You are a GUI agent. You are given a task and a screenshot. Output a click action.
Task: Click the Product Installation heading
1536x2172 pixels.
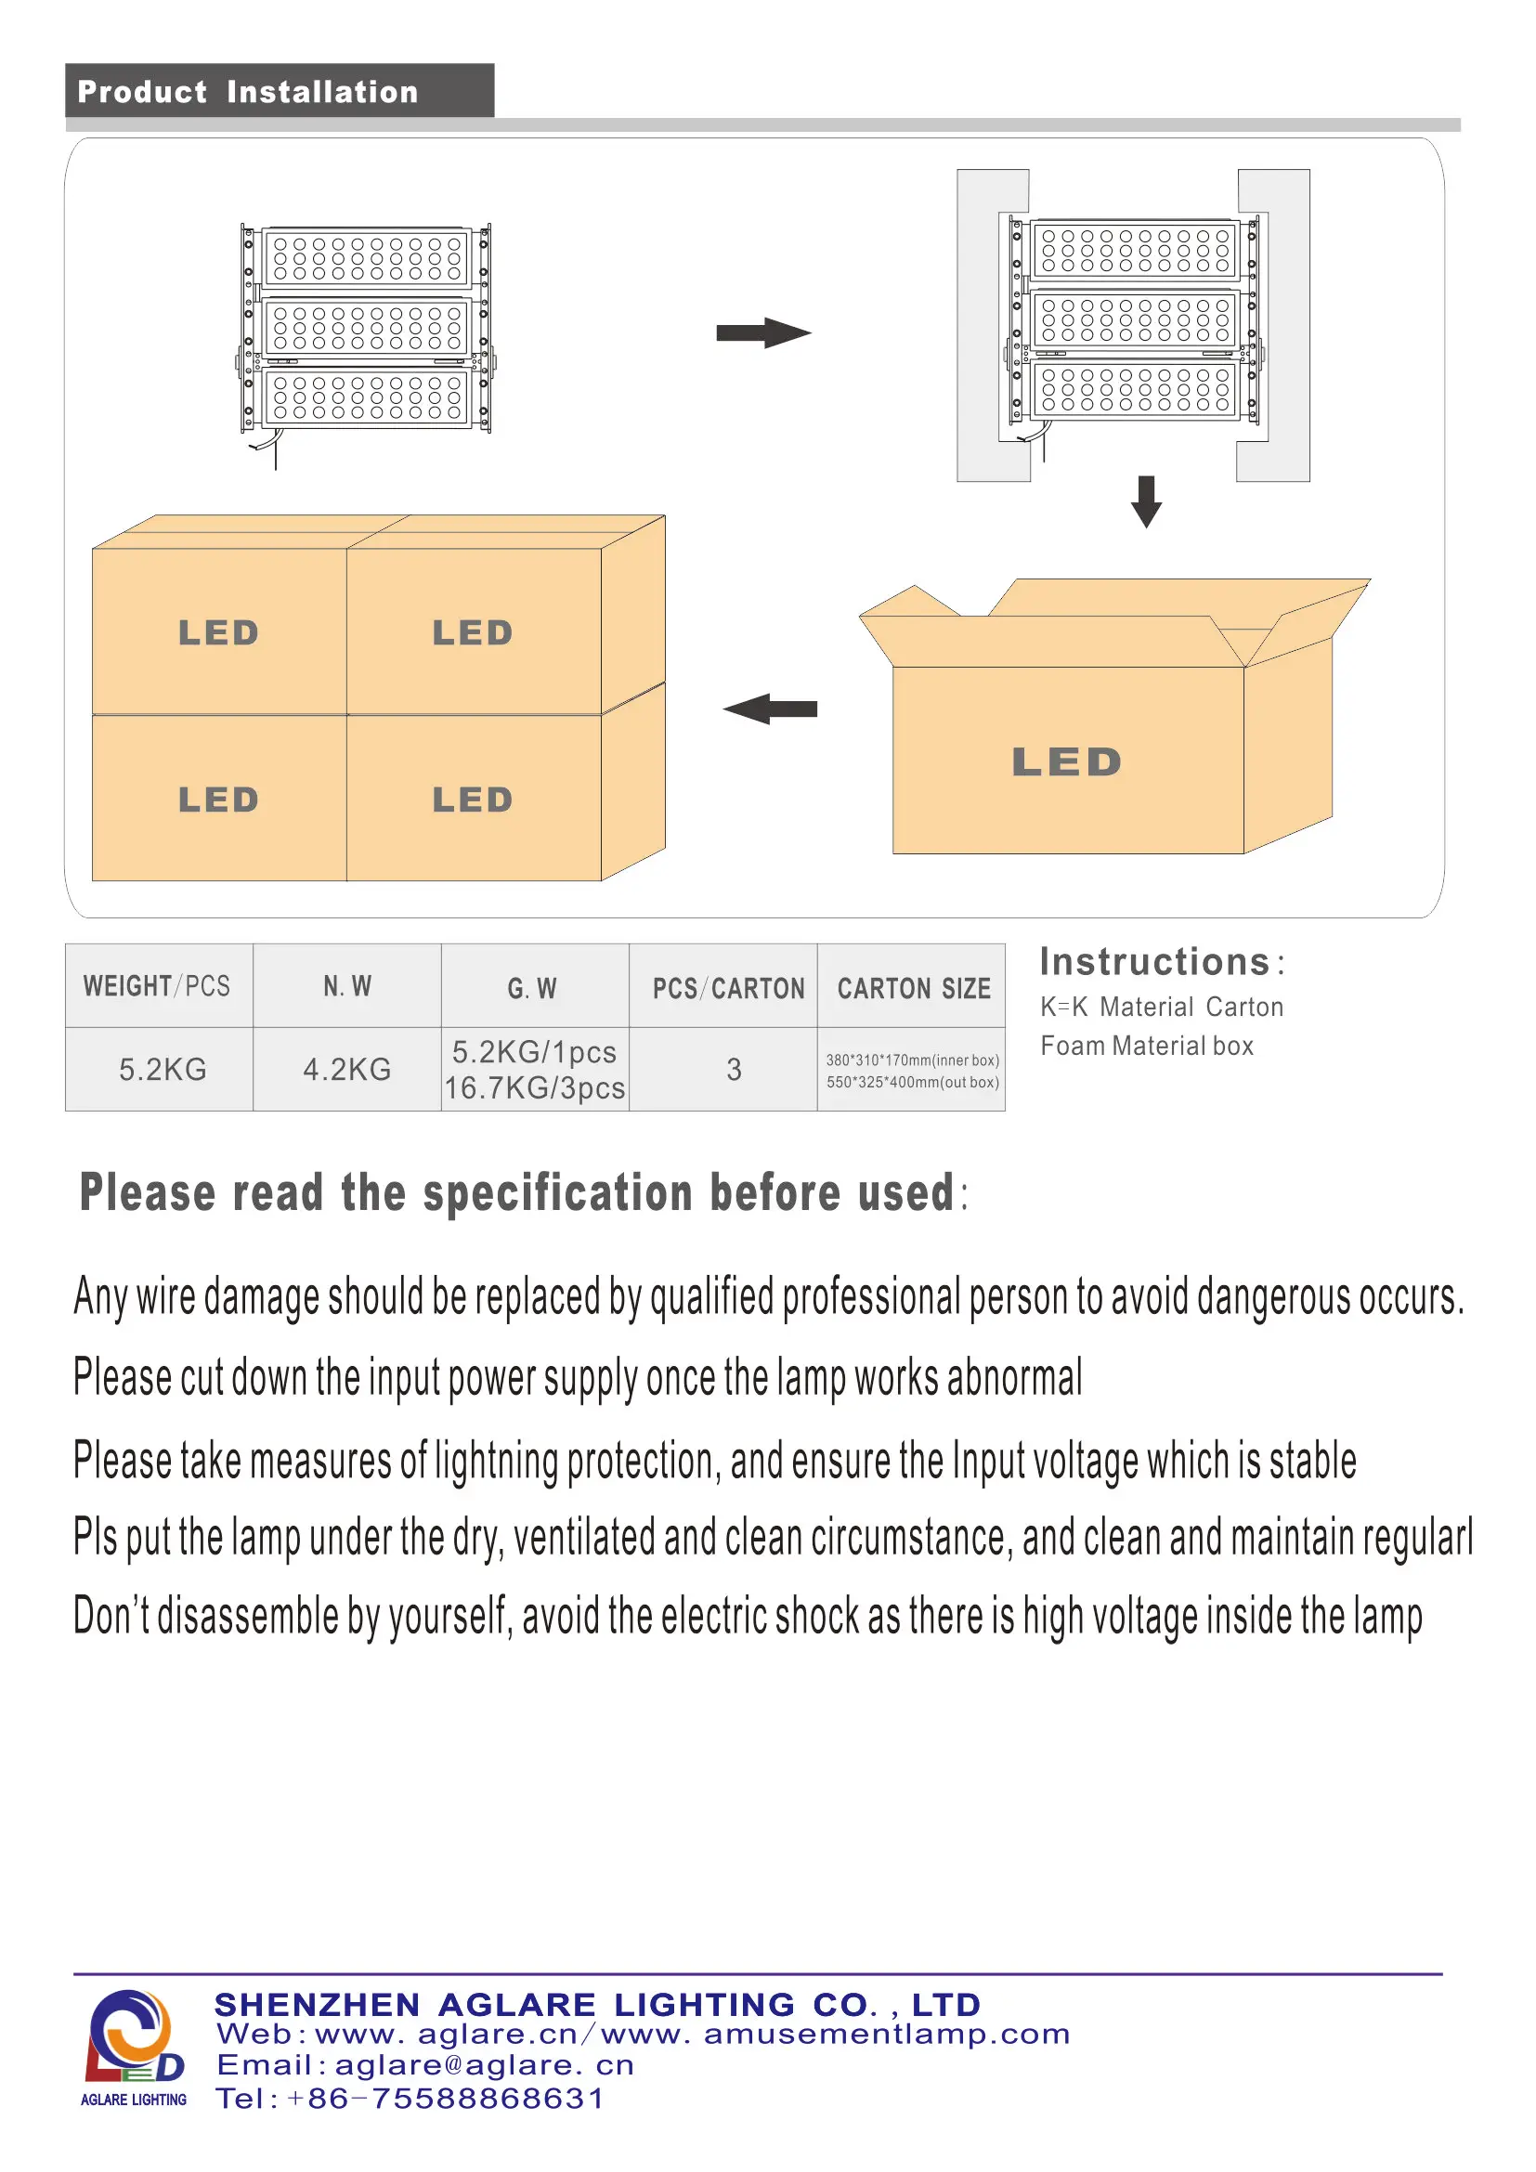click(x=248, y=92)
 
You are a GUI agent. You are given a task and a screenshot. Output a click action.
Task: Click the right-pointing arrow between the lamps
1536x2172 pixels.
click(x=762, y=333)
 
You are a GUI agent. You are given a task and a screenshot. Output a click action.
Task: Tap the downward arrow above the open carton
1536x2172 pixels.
click(x=1146, y=501)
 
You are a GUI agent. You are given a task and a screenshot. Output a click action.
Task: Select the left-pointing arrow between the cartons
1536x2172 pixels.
click(x=770, y=709)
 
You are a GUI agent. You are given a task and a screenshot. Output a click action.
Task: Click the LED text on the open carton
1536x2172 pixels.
click(x=1067, y=762)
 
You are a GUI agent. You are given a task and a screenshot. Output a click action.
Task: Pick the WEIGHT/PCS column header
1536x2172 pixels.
click(x=157, y=986)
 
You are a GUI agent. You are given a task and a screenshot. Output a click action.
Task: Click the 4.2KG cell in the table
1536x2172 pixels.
click(x=347, y=1069)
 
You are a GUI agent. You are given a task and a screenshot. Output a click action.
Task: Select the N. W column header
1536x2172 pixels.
click(x=347, y=986)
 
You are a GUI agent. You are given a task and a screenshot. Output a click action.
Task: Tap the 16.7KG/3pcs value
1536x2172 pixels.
click(x=534, y=1088)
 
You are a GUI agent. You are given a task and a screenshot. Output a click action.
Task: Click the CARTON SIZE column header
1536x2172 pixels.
click(x=914, y=989)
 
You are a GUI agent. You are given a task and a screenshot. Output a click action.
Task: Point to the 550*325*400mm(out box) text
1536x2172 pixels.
click(x=913, y=1082)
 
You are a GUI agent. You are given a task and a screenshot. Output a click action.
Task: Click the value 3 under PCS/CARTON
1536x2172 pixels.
click(x=734, y=1069)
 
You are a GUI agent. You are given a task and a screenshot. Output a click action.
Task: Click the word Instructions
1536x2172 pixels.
click(x=1155, y=962)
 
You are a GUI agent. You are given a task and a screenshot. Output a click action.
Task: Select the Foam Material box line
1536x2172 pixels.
click(x=1146, y=1046)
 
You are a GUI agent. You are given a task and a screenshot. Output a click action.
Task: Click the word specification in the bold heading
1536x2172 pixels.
click(x=558, y=1192)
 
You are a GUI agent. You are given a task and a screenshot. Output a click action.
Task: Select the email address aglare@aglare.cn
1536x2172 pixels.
click(x=484, y=2065)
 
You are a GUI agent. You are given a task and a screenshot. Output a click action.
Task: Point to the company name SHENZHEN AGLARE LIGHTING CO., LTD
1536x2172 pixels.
click(x=598, y=2004)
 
